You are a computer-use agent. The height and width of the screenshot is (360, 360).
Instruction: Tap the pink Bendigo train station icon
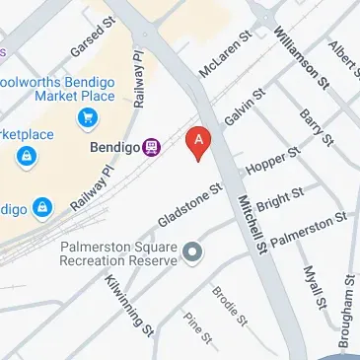(x=151, y=147)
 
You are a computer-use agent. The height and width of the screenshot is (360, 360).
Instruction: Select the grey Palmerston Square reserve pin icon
(x=192, y=253)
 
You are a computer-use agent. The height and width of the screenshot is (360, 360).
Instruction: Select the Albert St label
(x=344, y=56)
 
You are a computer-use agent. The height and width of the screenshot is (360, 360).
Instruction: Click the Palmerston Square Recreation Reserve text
(x=118, y=253)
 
